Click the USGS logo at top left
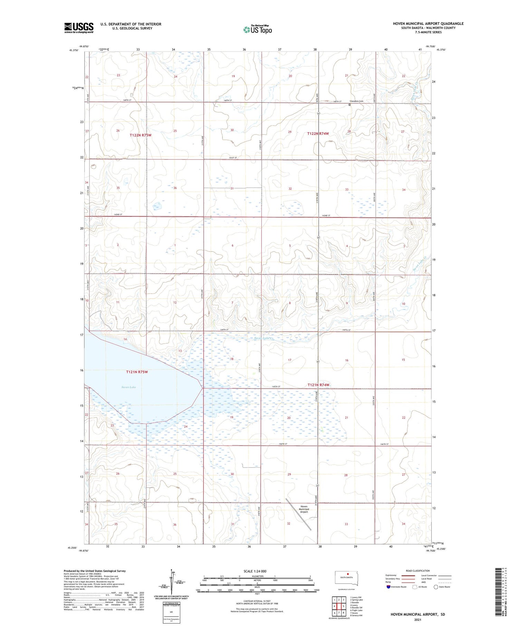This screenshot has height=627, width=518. point(79,28)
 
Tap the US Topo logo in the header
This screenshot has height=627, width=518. point(258,30)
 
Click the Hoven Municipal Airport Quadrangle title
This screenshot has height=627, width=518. point(428,24)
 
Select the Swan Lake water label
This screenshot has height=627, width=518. point(128,387)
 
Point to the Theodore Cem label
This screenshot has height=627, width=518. point(357,101)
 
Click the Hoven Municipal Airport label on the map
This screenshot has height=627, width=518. point(304,509)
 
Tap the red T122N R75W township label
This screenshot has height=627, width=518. point(141,135)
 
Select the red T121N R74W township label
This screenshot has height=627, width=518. point(318,385)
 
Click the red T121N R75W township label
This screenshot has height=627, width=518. point(137,372)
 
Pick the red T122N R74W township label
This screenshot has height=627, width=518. point(318,133)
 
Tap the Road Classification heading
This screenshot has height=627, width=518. point(418,571)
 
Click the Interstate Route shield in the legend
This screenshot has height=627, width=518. point(388,587)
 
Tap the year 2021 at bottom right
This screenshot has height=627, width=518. point(418,619)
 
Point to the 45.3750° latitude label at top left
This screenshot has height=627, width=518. point(74,50)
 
